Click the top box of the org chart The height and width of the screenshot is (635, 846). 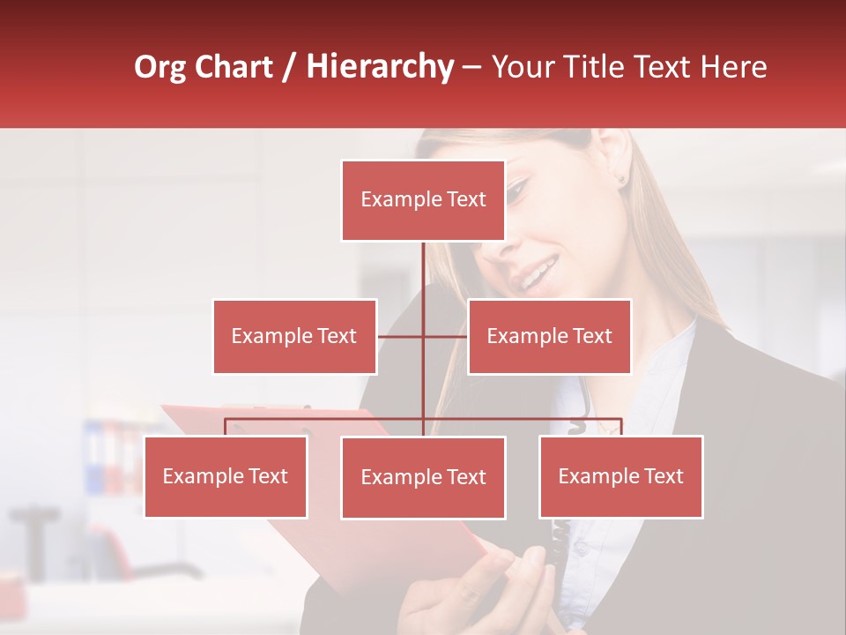point(423,200)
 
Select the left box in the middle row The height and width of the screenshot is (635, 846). point(294,336)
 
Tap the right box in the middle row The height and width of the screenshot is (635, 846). point(549,336)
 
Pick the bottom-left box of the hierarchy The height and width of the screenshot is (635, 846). point(226,476)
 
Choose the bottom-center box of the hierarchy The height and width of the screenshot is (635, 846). point(423,477)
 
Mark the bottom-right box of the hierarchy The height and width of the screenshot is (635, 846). point(621,476)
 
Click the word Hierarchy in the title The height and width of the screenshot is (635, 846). point(379,67)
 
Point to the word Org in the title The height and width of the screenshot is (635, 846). point(160,67)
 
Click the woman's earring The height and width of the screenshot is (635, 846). point(622,179)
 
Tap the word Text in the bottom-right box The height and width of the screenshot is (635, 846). point(664,476)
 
